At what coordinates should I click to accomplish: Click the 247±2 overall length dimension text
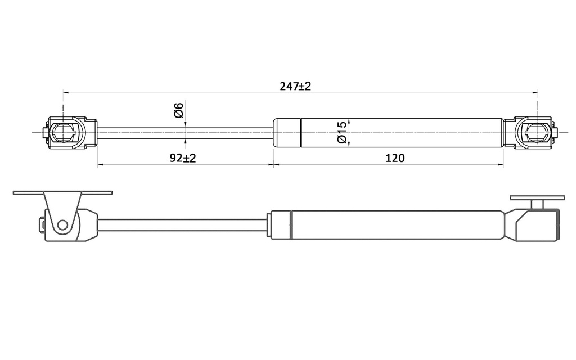(295, 86)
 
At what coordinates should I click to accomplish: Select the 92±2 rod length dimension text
(182, 158)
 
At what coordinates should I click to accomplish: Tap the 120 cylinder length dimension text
(395, 158)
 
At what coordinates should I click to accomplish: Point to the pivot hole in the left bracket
(62, 225)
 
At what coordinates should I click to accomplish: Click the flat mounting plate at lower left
(62, 192)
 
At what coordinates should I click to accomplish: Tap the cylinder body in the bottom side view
(394, 224)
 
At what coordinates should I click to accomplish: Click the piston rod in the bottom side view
(180, 224)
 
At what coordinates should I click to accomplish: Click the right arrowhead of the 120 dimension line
(501, 165)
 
